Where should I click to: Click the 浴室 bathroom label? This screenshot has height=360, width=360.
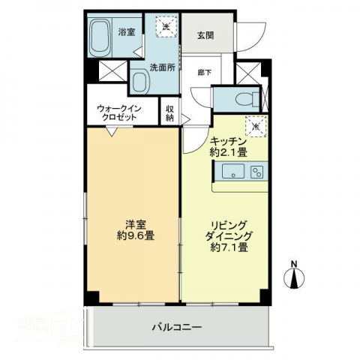point(127,31)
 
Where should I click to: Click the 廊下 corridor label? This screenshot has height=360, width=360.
point(204,73)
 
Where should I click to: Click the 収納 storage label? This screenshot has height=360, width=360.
point(170,112)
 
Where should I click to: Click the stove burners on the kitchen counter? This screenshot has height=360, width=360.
point(256,172)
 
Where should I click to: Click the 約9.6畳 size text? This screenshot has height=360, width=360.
point(136,235)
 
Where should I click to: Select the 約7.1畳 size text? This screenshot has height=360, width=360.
point(230,249)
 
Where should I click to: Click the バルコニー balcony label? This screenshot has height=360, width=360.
point(177,327)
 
